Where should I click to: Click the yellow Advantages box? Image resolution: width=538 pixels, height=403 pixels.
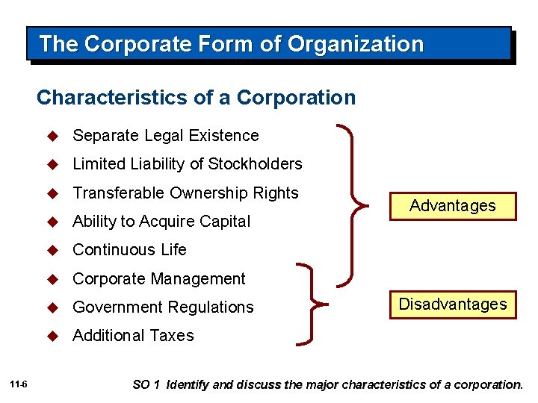click(x=452, y=206)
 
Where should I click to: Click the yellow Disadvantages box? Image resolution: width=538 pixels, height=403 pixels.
click(x=452, y=304)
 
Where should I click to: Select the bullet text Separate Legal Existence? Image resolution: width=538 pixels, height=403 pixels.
click(x=165, y=136)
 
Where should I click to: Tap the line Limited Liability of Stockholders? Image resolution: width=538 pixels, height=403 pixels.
click(x=187, y=164)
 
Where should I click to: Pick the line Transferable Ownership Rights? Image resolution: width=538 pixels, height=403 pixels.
click(x=185, y=193)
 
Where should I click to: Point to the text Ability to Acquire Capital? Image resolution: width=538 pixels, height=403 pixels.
click(x=161, y=222)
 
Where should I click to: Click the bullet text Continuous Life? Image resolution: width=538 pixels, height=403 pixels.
click(x=129, y=250)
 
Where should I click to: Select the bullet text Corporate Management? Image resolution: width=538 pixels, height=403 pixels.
click(x=158, y=279)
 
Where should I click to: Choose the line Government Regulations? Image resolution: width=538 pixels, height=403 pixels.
click(x=163, y=307)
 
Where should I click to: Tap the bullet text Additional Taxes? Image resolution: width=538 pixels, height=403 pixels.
click(x=133, y=336)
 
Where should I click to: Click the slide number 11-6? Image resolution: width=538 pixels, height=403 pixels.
click(x=19, y=384)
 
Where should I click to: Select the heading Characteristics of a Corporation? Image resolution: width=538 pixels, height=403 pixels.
click(x=196, y=98)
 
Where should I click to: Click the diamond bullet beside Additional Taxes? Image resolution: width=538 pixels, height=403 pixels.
click(x=52, y=336)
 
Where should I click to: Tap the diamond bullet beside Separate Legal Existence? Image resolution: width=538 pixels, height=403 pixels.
click(x=52, y=136)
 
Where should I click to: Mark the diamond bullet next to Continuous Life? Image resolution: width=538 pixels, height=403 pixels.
click(x=52, y=250)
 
